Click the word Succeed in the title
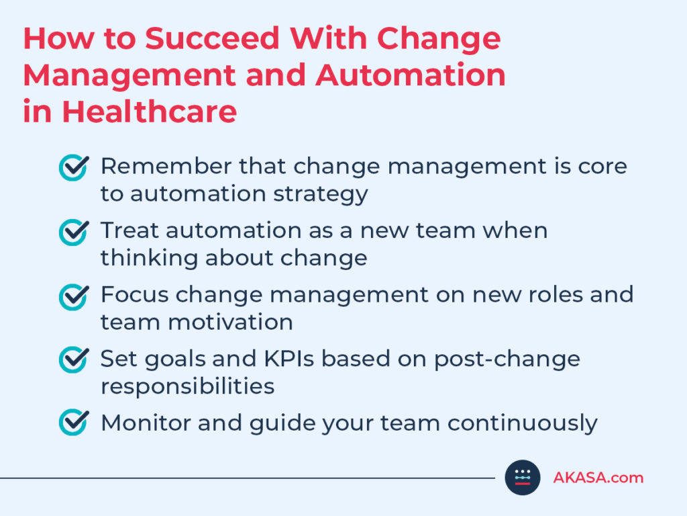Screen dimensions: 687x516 click(x=212, y=38)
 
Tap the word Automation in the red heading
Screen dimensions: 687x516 click(x=410, y=75)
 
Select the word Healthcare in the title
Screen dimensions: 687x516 click(x=150, y=112)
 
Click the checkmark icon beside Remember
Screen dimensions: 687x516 click(x=74, y=167)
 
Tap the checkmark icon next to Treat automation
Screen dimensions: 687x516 click(x=74, y=232)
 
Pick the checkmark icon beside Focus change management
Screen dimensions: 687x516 click(x=74, y=296)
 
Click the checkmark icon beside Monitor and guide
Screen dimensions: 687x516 click(x=74, y=422)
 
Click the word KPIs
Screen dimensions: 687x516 click(x=288, y=359)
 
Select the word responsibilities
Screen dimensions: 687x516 click(x=188, y=387)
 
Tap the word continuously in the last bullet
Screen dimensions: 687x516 click(x=522, y=423)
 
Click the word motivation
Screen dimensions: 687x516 click(x=231, y=322)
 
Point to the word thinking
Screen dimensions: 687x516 click(x=149, y=259)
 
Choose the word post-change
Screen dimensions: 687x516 click(x=507, y=359)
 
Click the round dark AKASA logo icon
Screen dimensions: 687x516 click(x=522, y=478)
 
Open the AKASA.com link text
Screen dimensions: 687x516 click(x=598, y=478)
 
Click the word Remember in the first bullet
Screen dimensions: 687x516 click(x=166, y=167)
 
